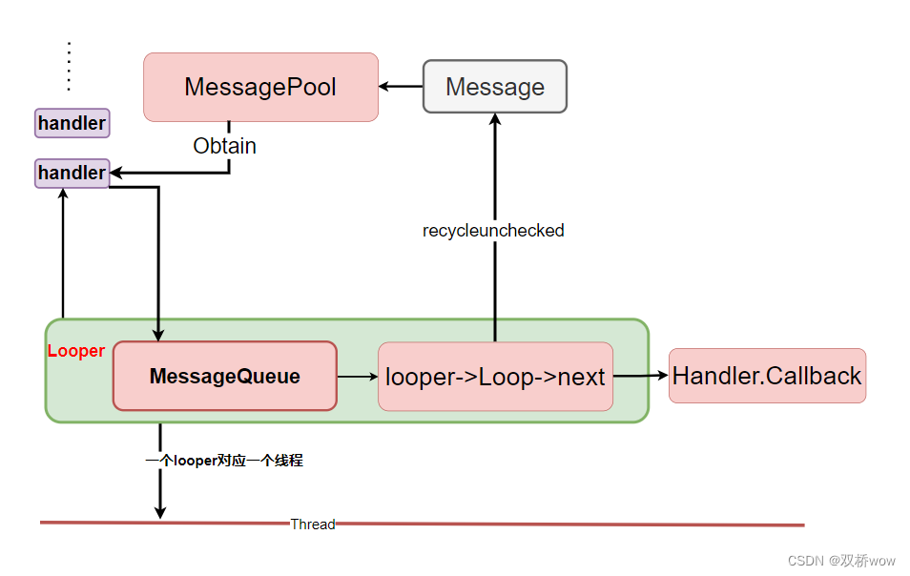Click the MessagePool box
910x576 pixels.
[260, 87]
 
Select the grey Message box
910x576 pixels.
[494, 87]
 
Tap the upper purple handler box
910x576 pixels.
[72, 123]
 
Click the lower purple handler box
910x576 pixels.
[72, 173]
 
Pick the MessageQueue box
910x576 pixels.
[224, 376]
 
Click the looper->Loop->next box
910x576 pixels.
[495, 377]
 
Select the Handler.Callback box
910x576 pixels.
[767, 376]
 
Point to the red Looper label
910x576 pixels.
[76, 351]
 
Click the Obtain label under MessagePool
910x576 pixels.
[224, 146]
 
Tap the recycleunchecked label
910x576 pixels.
[493, 230]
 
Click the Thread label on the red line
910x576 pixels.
[313, 524]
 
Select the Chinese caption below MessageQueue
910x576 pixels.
[224, 460]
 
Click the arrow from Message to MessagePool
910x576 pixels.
[401, 87]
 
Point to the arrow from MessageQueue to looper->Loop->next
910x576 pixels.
[358, 377]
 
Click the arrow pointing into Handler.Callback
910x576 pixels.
[641, 376]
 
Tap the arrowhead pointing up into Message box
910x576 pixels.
[494, 119]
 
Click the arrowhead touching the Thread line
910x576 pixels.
[160, 513]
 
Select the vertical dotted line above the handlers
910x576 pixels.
[69, 66]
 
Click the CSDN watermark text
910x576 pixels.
[841, 561]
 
